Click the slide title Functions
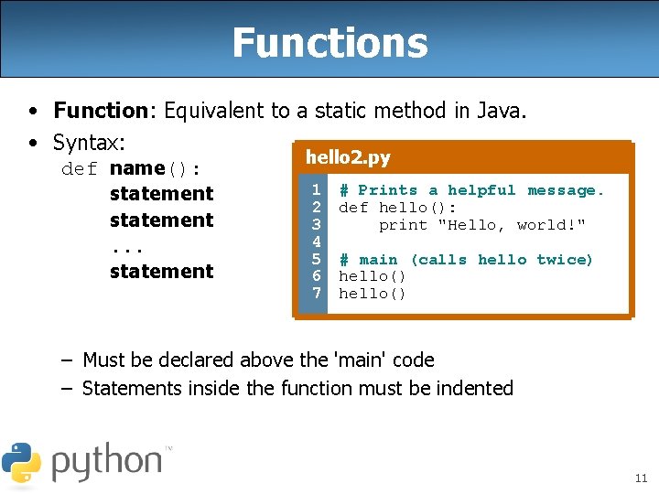click(x=329, y=42)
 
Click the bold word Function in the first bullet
click(x=100, y=111)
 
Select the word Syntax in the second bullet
click(x=86, y=143)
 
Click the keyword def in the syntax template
click(x=80, y=168)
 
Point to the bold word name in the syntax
click(x=136, y=168)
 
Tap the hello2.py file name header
click(x=348, y=157)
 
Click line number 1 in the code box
click(x=315, y=190)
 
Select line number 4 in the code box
click(x=315, y=242)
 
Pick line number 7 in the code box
click(x=315, y=294)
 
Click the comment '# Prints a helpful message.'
click(x=471, y=190)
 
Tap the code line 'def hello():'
click(x=398, y=208)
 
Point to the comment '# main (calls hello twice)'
click(x=466, y=260)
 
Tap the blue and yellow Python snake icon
click(x=21, y=462)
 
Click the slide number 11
click(x=640, y=478)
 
